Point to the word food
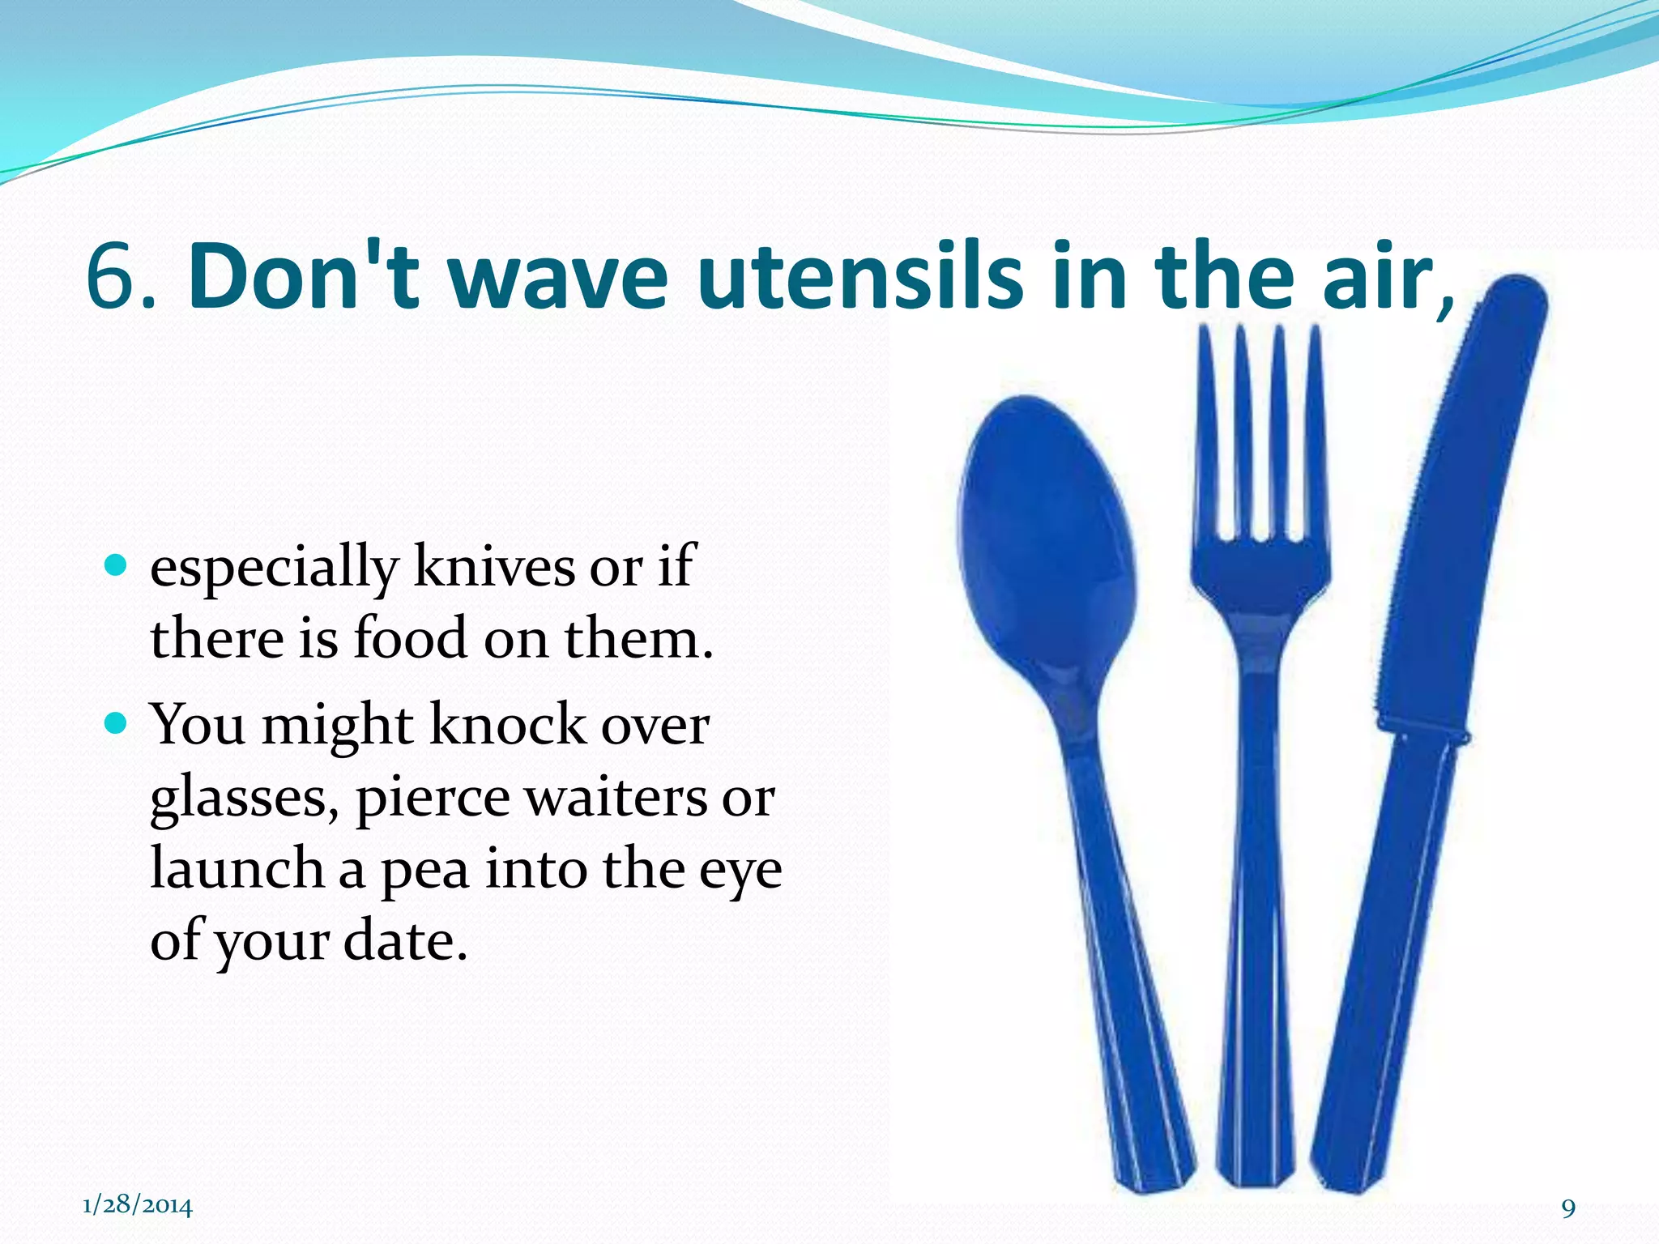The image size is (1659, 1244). coord(411,637)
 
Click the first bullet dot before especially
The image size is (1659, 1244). coord(117,564)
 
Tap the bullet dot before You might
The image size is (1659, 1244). coord(117,722)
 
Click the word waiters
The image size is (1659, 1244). coord(616,798)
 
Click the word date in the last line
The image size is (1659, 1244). coord(405,941)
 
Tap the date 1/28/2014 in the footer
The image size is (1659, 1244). coord(138,1205)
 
